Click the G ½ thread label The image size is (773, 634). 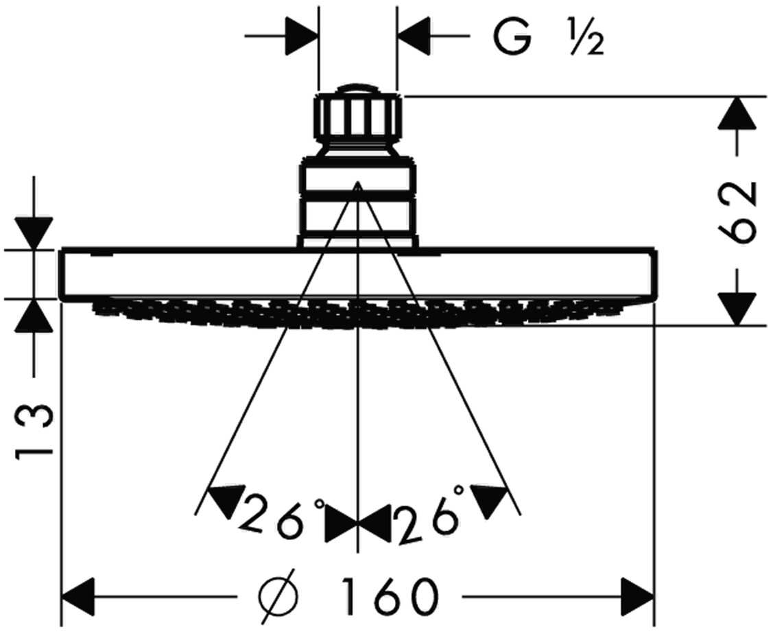click(x=547, y=40)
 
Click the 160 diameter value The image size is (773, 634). click(x=392, y=595)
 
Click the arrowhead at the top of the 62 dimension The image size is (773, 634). click(x=736, y=113)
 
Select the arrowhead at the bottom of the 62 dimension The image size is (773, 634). click(x=736, y=309)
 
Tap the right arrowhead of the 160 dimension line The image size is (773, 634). click(x=638, y=594)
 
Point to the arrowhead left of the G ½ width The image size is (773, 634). click(x=302, y=34)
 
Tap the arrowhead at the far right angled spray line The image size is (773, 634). click(x=493, y=500)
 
